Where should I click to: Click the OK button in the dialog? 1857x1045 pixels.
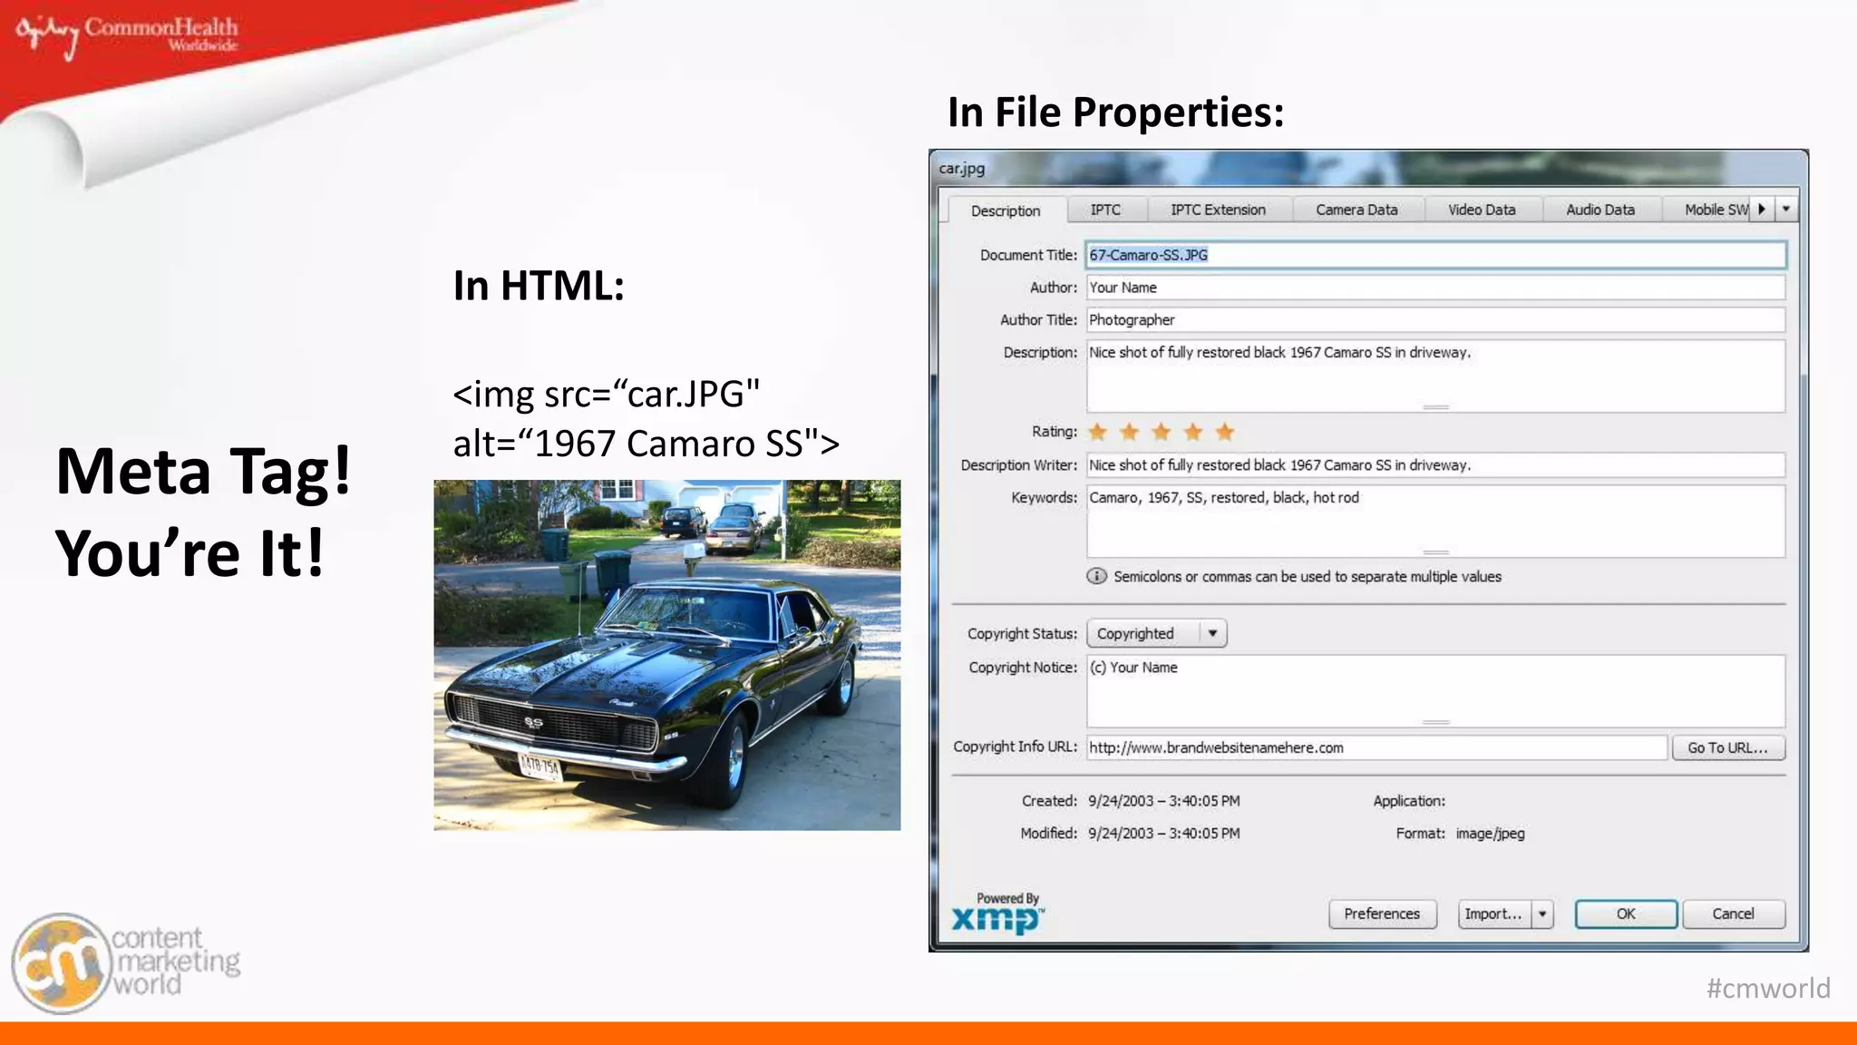(1625, 913)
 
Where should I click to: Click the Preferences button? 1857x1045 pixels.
(1382, 913)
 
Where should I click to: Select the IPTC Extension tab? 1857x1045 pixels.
(1218, 210)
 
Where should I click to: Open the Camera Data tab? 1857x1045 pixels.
(1356, 210)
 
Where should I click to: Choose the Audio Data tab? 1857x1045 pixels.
(1599, 210)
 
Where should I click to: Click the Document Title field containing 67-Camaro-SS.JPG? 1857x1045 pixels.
(1435, 255)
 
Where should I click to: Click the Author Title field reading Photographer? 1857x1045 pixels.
(1435, 319)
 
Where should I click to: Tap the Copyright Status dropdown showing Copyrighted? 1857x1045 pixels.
(1156, 633)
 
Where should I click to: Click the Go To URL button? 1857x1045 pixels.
(1727, 747)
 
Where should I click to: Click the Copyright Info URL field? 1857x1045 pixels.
(1376, 747)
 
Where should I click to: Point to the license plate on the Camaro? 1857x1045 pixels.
(540, 767)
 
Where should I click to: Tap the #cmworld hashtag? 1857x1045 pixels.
(1767, 988)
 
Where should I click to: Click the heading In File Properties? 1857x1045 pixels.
(1115, 112)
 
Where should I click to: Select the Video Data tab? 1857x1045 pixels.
(1481, 210)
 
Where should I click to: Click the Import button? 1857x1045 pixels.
(1493, 913)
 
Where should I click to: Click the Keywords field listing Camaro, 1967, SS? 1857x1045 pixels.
(1435, 521)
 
